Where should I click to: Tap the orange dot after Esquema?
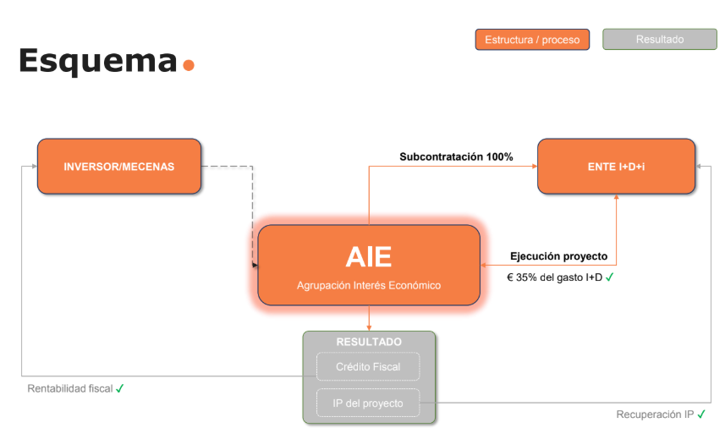click(188, 64)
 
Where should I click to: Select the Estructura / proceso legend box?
click(532, 40)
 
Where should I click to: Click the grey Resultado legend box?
click(660, 40)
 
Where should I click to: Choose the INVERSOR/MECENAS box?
click(119, 167)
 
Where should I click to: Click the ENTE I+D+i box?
click(616, 167)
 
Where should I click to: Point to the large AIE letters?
click(369, 256)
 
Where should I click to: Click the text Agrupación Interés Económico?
click(369, 286)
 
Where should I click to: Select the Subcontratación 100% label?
click(456, 156)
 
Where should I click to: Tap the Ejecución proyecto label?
click(558, 256)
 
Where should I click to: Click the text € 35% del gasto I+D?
click(554, 277)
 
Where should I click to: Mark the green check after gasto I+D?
click(610, 277)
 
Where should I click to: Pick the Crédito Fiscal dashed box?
click(368, 367)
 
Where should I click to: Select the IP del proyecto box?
click(368, 403)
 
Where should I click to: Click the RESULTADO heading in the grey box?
click(369, 342)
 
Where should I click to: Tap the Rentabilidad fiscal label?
click(70, 389)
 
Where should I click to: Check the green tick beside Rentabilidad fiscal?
click(120, 388)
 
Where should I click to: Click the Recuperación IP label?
click(655, 414)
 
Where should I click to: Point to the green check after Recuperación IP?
click(701, 414)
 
